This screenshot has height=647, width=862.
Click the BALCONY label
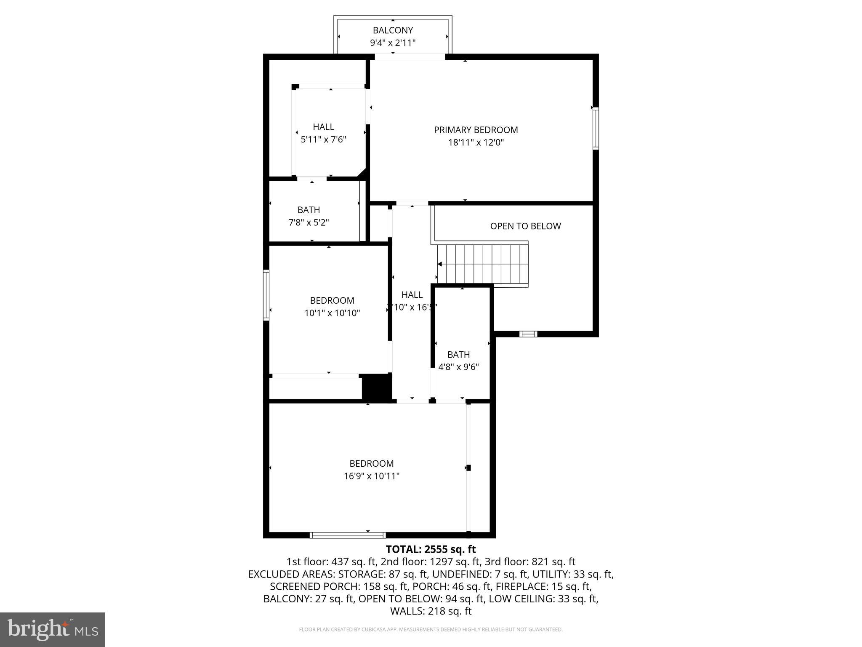(393, 30)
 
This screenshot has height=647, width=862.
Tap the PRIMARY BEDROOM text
(476, 130)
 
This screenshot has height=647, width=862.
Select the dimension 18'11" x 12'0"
(476, 143)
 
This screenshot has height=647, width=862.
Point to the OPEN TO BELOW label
(525, 226)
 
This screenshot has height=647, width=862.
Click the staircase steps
(482, 264)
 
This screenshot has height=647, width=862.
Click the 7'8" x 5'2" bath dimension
(309, 222)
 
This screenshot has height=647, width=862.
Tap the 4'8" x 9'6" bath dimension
(458, 367)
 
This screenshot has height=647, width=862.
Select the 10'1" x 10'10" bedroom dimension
(332, 313)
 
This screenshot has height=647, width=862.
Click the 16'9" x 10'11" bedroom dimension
(371, 476)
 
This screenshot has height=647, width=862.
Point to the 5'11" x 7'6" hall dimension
(323, 139)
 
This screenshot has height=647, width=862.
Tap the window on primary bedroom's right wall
(596, 128)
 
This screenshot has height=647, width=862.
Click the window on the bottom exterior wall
(348, 535)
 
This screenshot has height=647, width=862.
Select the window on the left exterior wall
(266, 295)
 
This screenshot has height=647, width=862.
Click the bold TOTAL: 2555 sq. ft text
(431, 549)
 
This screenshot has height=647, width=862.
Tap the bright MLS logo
(53, 629)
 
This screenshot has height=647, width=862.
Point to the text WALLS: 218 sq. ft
(431, 611)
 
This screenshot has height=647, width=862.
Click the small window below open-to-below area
(528, 334)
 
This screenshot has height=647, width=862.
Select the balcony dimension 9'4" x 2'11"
(393, 43)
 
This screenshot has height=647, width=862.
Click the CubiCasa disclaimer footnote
(431, 630)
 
